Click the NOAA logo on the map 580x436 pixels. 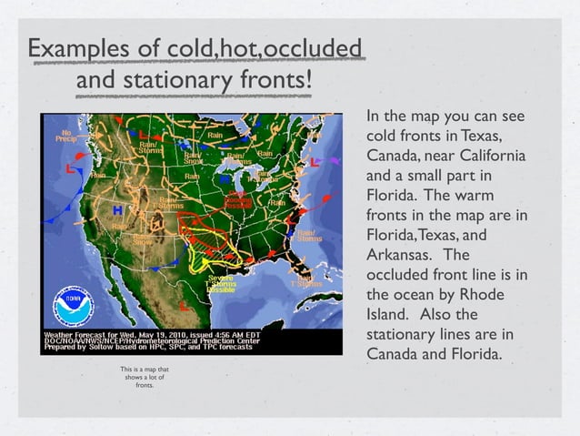pyautogui.click(x=73, y=307)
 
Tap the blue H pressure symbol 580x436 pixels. pyautogui.click(x=117, y=210)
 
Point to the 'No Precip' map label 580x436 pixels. pyautogui.click(x=65, y=136)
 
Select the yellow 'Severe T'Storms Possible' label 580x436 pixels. pyautogui.click(x=221, y=284)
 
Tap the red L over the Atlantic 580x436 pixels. pyautogui.click(x=314, y=160)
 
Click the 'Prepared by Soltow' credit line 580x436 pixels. pyautogui.click(x=92, y=350)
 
